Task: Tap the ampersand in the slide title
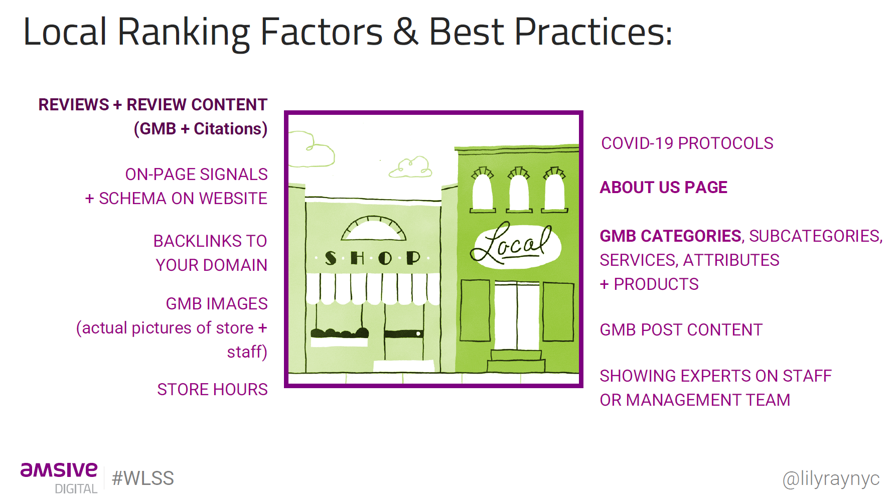(405, 32)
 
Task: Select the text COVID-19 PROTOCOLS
(687, 143)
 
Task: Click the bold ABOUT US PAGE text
(663, 188)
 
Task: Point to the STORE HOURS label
(212, 390)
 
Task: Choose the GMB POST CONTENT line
(681, 330)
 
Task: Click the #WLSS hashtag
(143, 478)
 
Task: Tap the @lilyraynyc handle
(831, 479)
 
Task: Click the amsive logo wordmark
(59, 470)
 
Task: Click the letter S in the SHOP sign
(331, 258)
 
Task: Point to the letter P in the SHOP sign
(413, 258)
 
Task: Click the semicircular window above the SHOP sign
(373, 228)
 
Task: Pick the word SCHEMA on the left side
(133, 199)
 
